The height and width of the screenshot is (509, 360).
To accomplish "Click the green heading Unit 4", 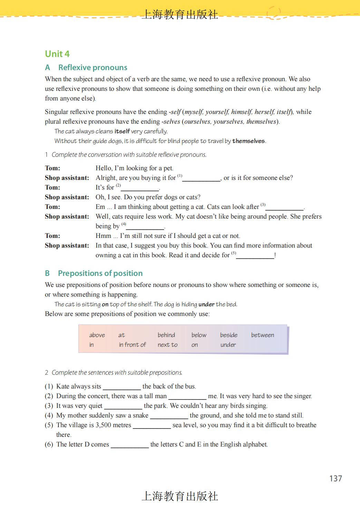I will pyautogui.click(x=57, y=54).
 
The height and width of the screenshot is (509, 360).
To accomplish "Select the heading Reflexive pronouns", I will pyautogui.click(x=93, y=67).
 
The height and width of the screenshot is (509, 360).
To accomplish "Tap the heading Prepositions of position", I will pyautogui.click(x=100, y=273).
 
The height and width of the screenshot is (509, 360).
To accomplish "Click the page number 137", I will pyautogui.click(x=335, y=478).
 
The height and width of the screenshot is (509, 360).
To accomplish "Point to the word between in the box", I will pyautogui.click(x=262, y=335).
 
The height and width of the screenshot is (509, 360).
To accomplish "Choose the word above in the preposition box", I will pyautogui.click(x=97, y=335).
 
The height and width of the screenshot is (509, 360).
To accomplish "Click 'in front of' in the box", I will pyautogui.click(x=132, y=345).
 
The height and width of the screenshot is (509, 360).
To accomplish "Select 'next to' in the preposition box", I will pyautogui.click(x=167, y=345).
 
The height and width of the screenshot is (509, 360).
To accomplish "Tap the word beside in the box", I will pyautogui.click(x=228, y=335).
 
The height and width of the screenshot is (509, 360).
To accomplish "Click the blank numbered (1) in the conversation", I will pyautogui.click(x=201, y=179).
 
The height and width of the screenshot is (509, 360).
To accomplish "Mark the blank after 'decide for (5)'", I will pyautogui.click(x=255, y=256).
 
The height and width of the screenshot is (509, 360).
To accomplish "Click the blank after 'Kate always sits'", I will pyautogui.click(x=122, y=387).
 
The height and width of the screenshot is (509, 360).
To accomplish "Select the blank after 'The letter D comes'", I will pyautogui.click(x=129, y=445).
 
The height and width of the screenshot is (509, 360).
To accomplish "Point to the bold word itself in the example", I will pyautogui.click(x=122, y=131).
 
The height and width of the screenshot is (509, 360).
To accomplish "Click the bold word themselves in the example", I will pyautogui.click(x=249, y=141).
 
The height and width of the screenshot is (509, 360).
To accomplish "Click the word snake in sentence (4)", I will pyautogui.click(x=140, y=415).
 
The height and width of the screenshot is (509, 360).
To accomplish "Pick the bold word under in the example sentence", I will pyautogui.click(x=206, y=304).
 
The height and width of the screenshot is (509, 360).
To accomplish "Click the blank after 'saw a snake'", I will pyautogui.click(x=169, y=416).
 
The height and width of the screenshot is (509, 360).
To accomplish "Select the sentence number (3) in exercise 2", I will pyautogui.click(x=49, y=406).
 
